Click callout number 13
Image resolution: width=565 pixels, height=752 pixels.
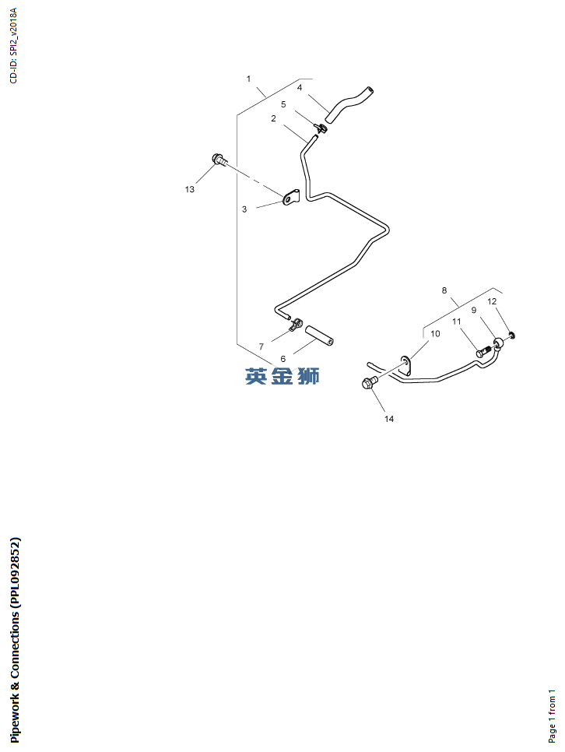(189, 189)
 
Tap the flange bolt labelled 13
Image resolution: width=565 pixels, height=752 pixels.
(219, 160)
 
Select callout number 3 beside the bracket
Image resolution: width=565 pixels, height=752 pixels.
(244, 209)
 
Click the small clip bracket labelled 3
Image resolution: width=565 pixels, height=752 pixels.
(290, 197)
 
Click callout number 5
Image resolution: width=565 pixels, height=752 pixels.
(283, 104)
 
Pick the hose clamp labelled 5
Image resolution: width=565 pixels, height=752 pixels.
(321, 128)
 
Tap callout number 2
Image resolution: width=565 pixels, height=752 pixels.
(273, 118)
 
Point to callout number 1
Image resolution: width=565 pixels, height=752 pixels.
(248, 79)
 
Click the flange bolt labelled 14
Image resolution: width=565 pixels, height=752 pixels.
(370, 383)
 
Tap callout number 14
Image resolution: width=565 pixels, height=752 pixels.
(389, 419)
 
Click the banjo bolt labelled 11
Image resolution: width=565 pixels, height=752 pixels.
(483, 352)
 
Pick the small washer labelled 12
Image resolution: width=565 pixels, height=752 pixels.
(512, 334)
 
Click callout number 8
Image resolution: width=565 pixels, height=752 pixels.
(444, 290)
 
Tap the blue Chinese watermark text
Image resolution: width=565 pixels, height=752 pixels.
(282, 376)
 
